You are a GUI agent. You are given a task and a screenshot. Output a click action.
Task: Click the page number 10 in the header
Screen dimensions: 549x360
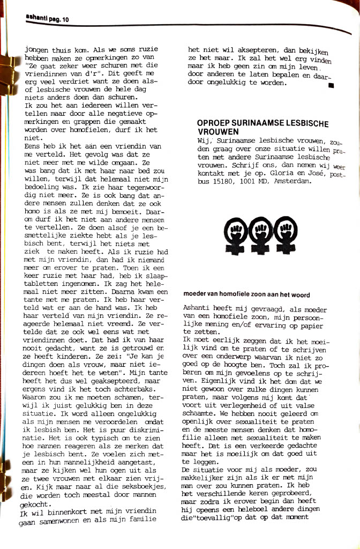pos(66,20)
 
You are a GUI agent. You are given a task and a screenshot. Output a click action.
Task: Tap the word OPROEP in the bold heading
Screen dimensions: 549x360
pos(213,124)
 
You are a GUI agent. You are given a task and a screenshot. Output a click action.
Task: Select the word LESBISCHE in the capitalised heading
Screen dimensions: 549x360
pos(301,124)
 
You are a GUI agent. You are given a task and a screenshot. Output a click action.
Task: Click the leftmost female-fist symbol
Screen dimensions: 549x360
pos(235,232)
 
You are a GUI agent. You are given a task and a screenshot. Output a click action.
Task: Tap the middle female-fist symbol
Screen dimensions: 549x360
pos(259,232)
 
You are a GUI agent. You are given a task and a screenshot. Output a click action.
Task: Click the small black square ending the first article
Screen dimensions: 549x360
pos(331,85)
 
